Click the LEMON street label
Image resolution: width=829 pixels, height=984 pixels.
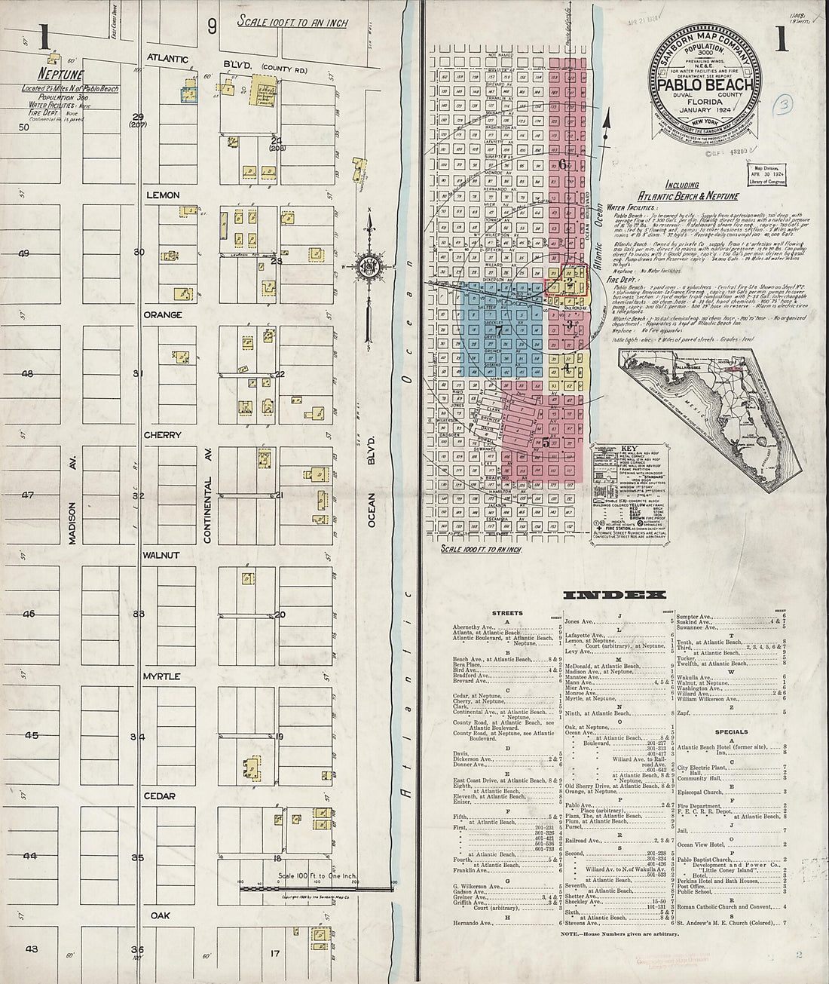point(162,195)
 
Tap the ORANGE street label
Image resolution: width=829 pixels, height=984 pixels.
point(164,315)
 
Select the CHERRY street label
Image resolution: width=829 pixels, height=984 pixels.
point(163,435)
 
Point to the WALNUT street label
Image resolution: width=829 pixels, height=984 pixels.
point(161,556)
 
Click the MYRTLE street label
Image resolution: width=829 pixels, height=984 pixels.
point(161,676)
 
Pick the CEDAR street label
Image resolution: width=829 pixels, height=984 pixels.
point(159,796)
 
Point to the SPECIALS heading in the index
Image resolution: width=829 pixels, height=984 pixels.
point(731,731)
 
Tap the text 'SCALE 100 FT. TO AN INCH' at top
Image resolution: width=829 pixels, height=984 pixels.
point(292,23)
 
